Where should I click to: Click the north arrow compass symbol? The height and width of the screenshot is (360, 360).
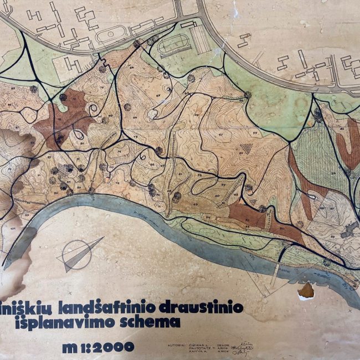[82, 254]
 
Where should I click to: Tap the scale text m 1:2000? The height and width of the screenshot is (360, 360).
[99, 347]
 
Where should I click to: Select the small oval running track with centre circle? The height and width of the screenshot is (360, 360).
[109, 33]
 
